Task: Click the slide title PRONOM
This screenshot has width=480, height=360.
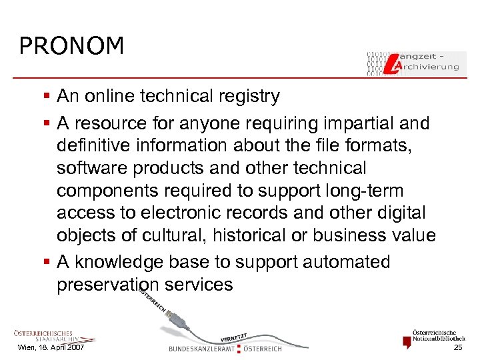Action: [71, 45]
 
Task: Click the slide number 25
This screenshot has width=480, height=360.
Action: [458, 348]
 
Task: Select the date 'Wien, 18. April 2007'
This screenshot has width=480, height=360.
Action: [51, 348]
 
